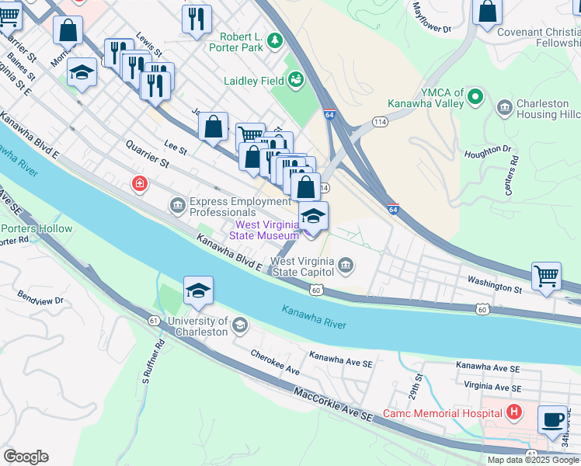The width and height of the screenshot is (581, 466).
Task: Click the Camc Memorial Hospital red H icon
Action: pyautogui.click(x=513, y=412)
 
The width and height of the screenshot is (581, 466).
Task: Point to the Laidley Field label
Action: pyautogui.click(x=253, y=80)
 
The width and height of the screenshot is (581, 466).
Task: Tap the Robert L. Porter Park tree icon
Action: pyautogui.click(x=274, y=42)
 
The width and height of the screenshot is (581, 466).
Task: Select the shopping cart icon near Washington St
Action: pyautogui.click(x=547, y=276)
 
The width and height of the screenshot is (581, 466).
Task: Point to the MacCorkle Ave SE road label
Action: pyautogui.click(x=334, y=405)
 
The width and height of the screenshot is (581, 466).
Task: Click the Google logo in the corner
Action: pyautogui.click(x=26, y=456)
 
